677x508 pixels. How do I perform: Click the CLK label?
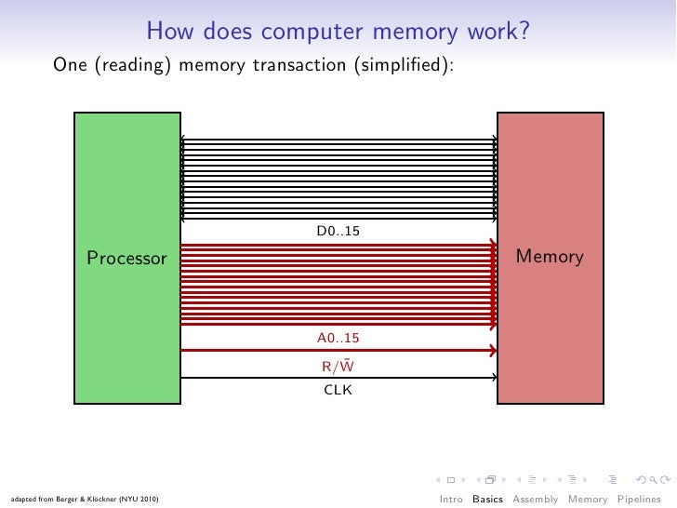338,390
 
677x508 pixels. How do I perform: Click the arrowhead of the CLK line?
493,378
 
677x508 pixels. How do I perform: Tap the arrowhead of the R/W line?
492,351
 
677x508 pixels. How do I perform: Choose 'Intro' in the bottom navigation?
451,499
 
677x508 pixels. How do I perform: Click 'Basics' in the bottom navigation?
488,499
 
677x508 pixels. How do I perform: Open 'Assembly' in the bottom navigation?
537,499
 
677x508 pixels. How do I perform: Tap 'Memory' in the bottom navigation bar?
588,499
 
